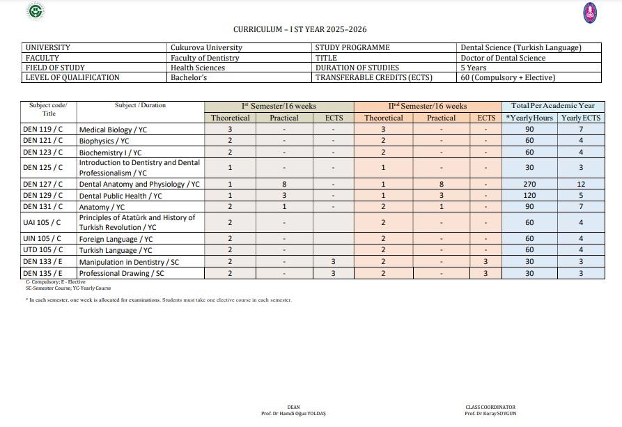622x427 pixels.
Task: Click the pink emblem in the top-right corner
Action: (590, 13)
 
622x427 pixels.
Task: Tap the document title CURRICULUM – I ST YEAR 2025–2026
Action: (300, 29)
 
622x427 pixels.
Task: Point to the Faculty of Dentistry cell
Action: (205, 58)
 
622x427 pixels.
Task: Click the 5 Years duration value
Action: (474, 68)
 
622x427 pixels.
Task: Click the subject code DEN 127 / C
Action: (43, 185)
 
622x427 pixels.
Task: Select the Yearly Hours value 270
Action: (529, 185)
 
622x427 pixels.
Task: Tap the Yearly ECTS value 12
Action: (581, 185)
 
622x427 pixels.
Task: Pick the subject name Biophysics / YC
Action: (104, 141)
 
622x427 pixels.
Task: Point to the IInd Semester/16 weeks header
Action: (428, 106)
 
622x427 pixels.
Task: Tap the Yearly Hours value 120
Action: (529, 196)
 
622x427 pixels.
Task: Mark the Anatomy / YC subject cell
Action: (102, 207)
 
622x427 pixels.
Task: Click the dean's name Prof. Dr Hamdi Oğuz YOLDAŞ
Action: (293, 414)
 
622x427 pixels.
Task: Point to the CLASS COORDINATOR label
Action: (490, 407)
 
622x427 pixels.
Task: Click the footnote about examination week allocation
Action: (159, 300)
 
